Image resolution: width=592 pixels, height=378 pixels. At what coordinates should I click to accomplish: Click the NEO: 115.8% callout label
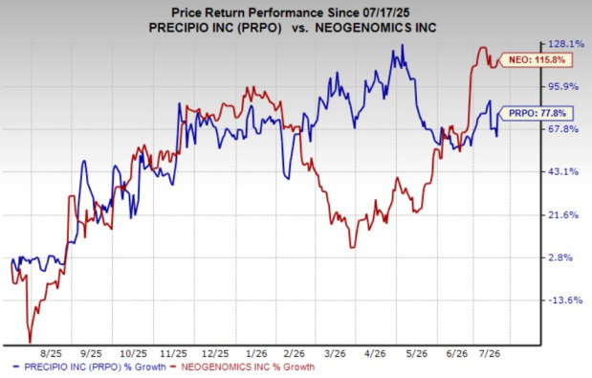[536, 60]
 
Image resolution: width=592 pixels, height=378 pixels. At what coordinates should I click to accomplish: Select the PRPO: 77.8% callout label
[536, 113]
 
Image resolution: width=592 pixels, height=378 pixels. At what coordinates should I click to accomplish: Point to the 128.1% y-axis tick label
[566, 45]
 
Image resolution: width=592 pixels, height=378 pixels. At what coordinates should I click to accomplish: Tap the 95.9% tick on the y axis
[563, 87]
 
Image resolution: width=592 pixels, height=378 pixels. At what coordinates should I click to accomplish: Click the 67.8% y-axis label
[563, 129]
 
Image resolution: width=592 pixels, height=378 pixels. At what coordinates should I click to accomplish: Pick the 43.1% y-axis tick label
[563, 172]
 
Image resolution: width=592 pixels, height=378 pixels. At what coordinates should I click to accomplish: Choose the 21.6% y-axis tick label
[563, 215]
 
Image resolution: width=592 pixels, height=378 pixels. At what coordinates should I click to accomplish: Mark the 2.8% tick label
[560, 257]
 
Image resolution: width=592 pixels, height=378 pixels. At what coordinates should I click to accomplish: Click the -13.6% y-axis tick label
[566, 300]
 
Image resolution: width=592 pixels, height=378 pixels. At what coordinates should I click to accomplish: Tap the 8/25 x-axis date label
[51, 354]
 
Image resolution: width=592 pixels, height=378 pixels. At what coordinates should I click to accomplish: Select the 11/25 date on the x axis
[174, 354]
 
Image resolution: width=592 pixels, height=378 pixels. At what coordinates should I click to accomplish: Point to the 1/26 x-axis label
[256, 354]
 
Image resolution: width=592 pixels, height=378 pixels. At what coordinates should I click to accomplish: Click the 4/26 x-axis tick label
[375, 354]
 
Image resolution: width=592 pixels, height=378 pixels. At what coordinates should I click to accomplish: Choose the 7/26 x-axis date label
[490, 354]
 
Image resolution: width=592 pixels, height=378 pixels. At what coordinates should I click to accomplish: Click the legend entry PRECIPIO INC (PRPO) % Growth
[90, 367]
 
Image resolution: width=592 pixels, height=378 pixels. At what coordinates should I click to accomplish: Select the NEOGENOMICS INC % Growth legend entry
[243, 367]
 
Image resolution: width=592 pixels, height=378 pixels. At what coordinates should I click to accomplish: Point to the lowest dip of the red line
[30, 343]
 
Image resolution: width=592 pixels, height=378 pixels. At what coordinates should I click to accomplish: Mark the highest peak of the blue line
[403, 45]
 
